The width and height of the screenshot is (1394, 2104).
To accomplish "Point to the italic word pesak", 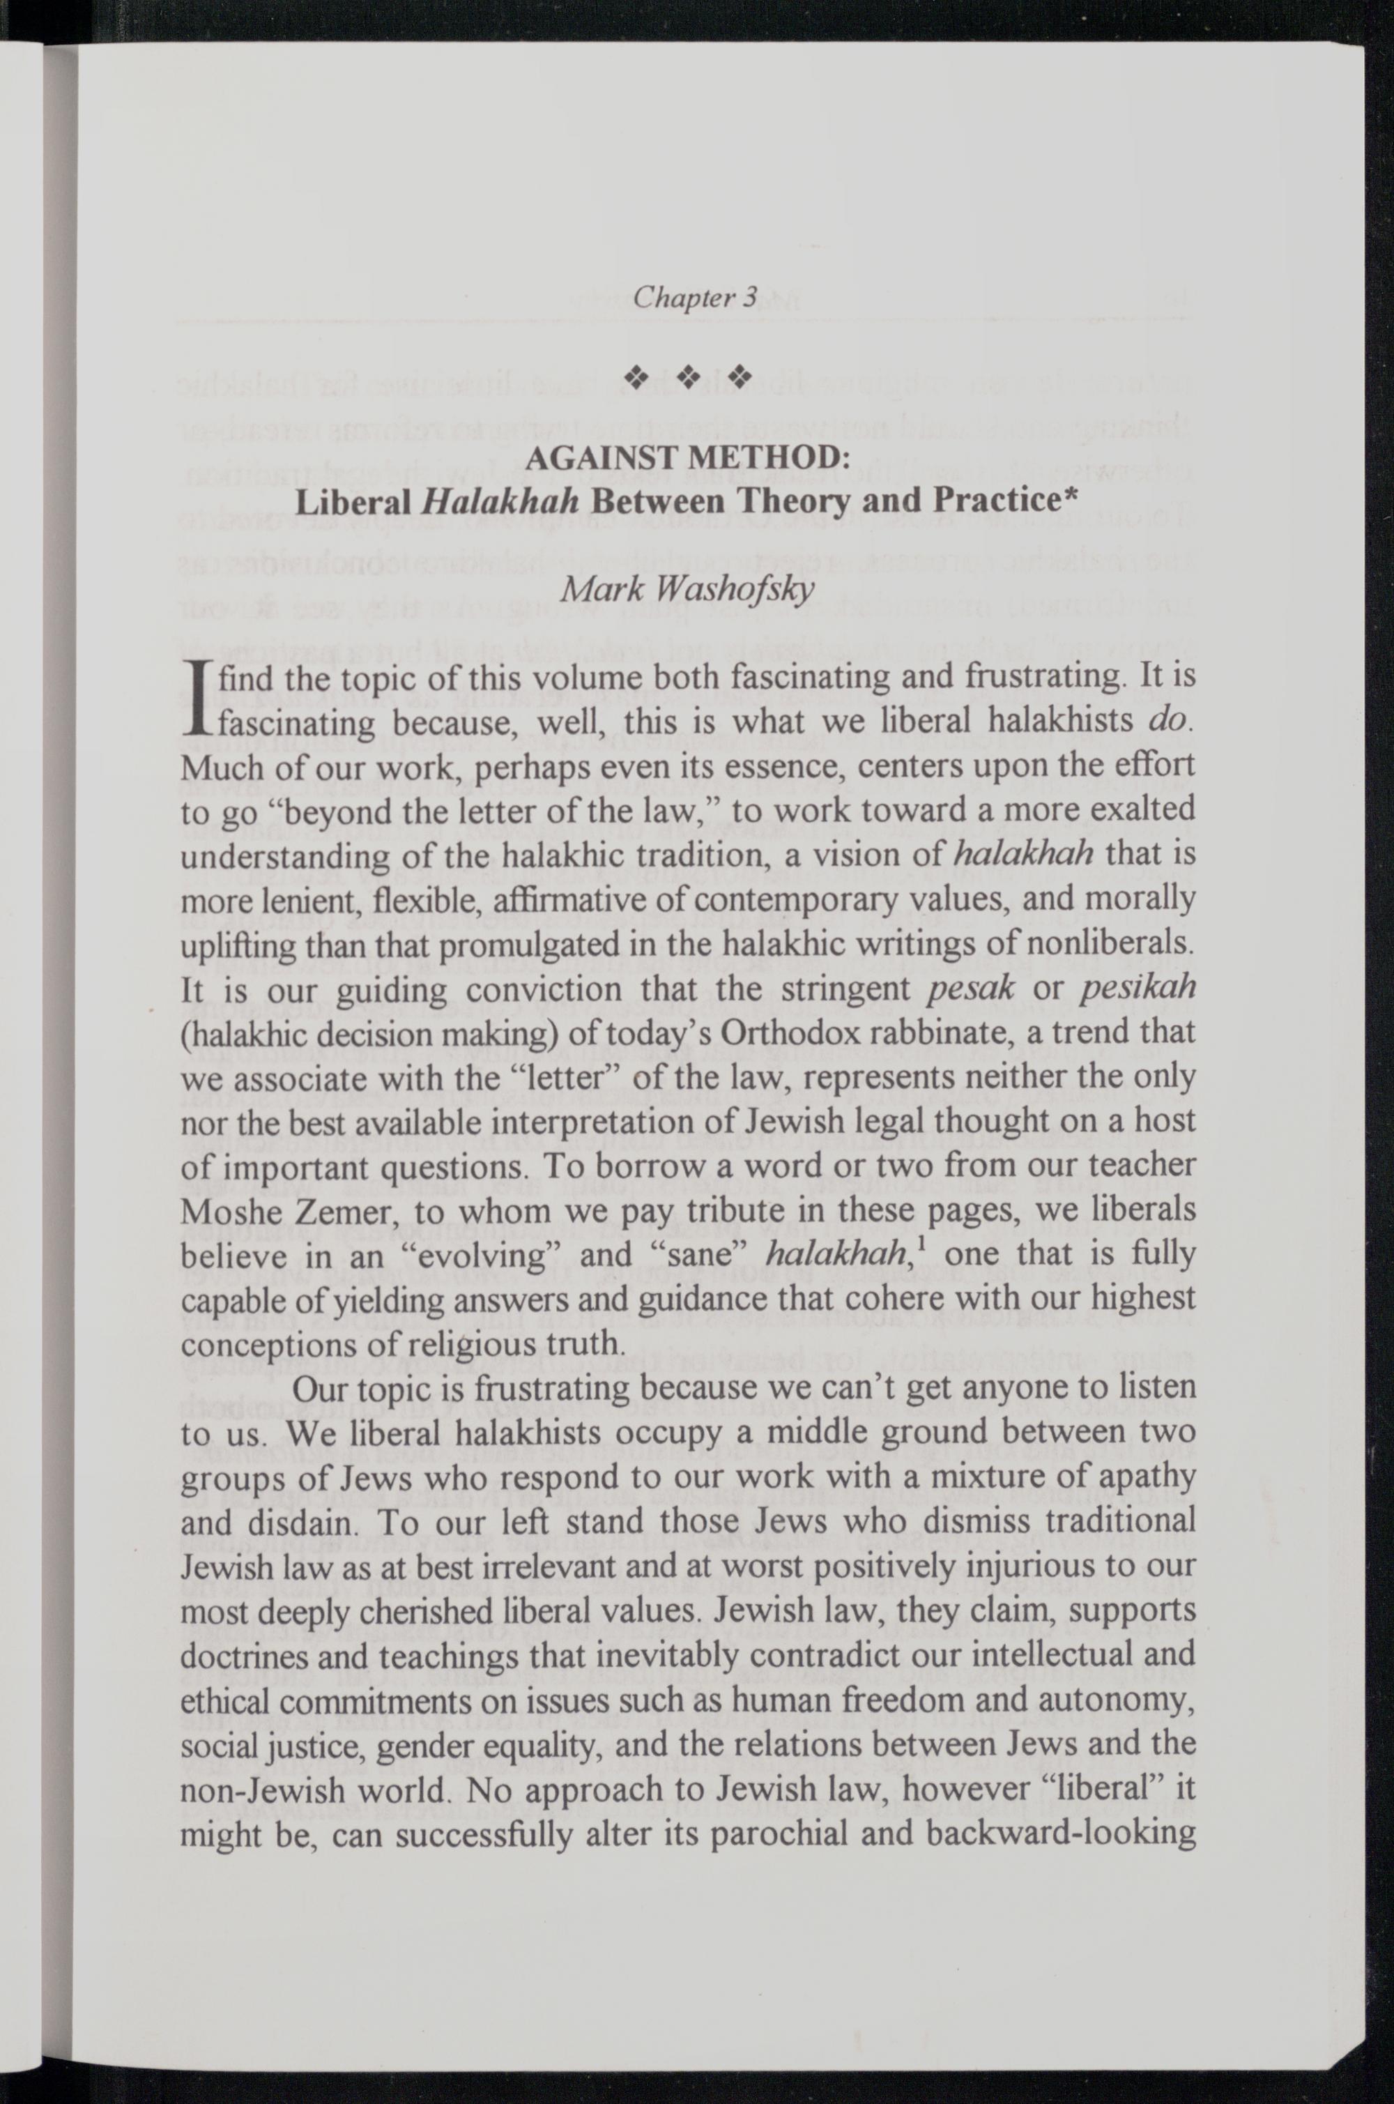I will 969,989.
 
